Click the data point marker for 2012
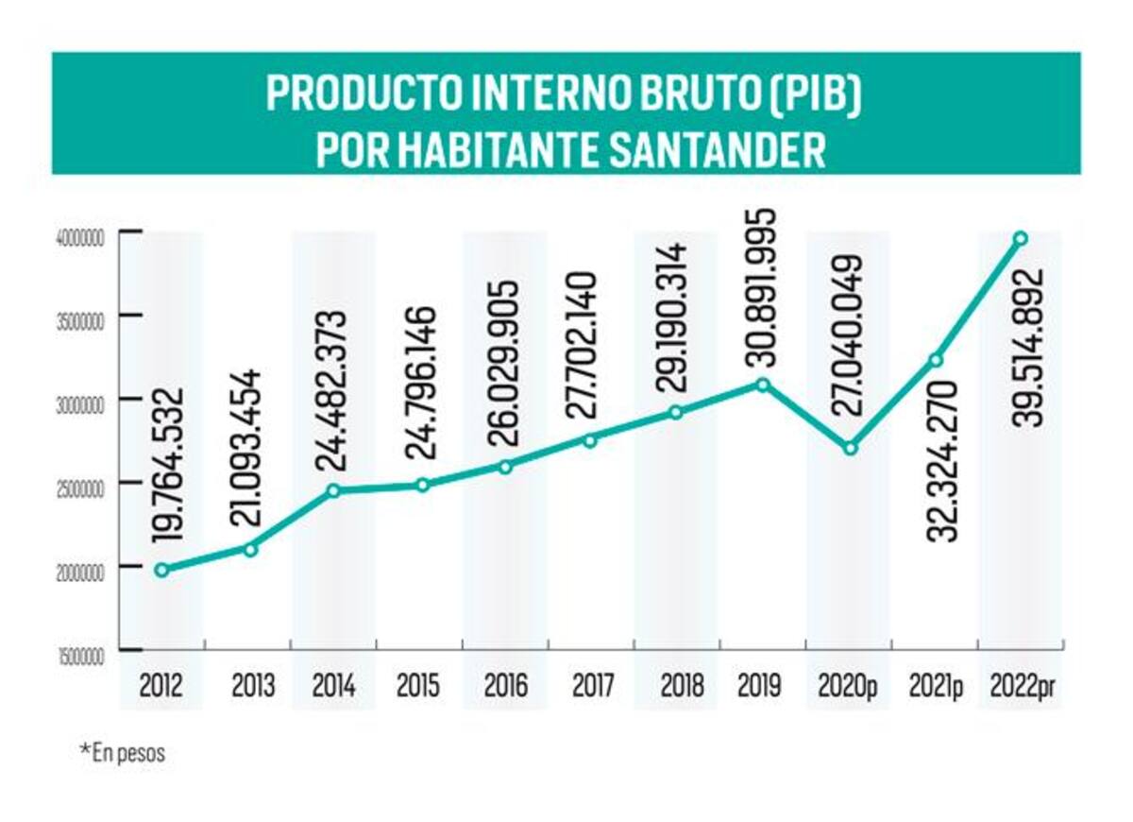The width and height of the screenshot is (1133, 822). (161, 570)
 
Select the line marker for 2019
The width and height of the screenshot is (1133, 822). (763, 385)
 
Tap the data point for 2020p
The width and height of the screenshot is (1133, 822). (851, 449)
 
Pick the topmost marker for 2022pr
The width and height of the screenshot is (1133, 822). (1022, 238)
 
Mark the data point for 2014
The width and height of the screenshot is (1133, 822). (333, 490)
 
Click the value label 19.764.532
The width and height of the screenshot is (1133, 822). (167, 465)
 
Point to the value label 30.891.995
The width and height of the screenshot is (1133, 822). (761, 287)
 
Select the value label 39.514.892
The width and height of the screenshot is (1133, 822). (1029, 348)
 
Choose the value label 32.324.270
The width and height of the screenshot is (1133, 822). (942, 462)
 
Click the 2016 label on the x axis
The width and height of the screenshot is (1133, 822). (506, 686)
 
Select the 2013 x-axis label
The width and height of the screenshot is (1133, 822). (253, 686)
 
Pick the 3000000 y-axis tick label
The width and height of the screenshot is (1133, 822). (80, 405)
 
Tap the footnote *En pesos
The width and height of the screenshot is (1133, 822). (123, 753)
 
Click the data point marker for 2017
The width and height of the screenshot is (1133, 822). (590, 441)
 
